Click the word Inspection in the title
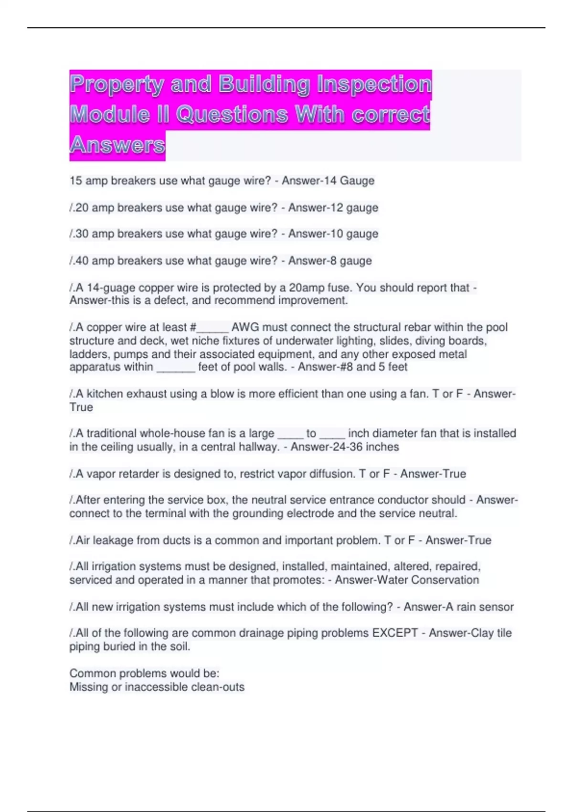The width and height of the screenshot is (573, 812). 374,85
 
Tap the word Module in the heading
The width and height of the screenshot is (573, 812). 109,115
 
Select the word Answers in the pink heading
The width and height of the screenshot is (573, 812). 117,145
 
